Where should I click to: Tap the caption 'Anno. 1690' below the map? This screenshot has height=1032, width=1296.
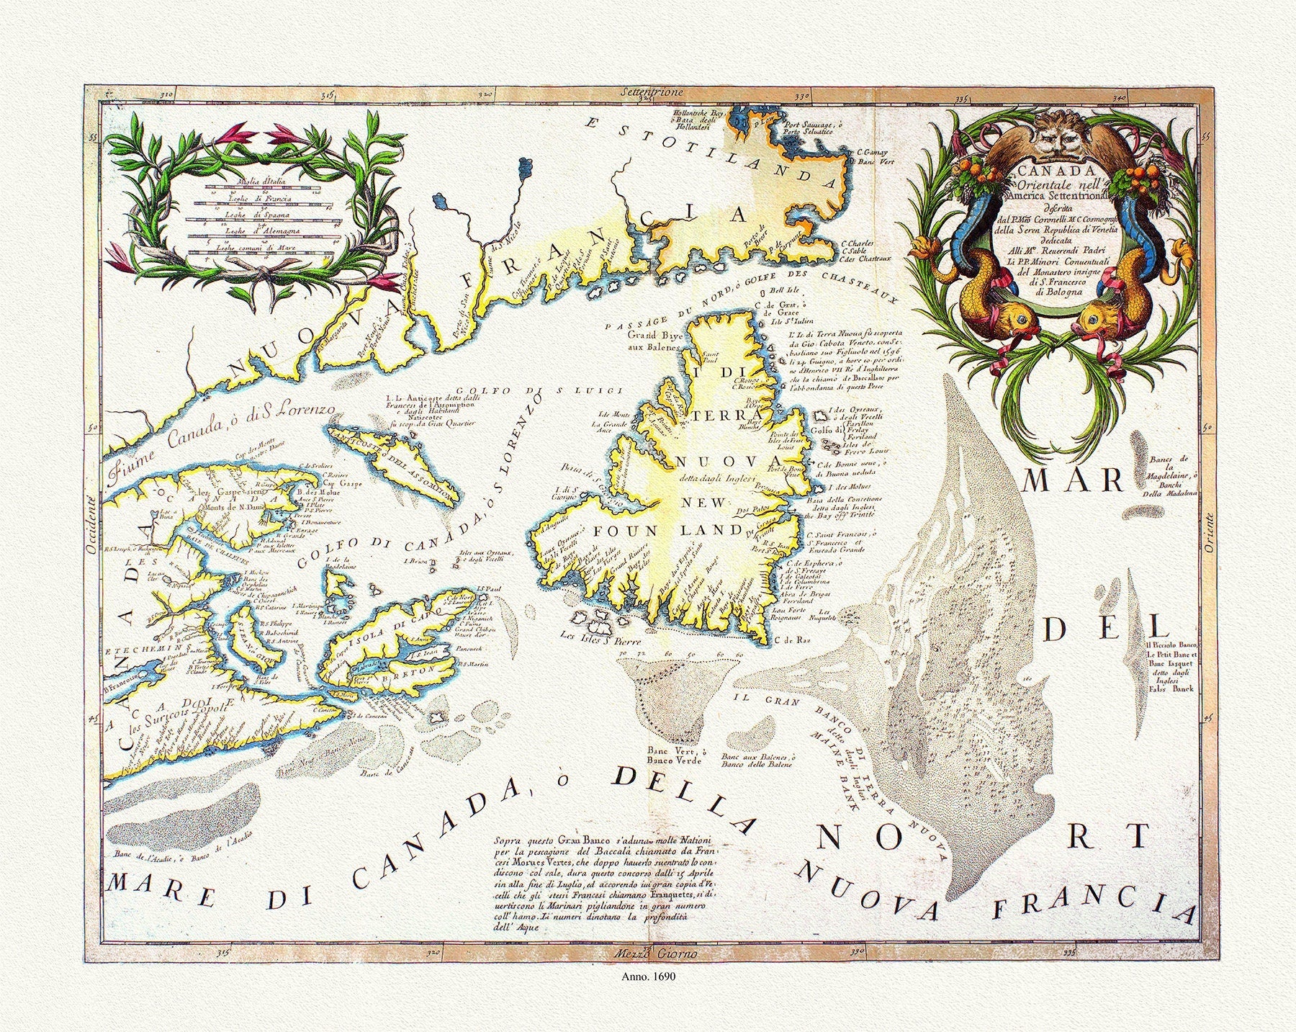click(648, 978)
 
